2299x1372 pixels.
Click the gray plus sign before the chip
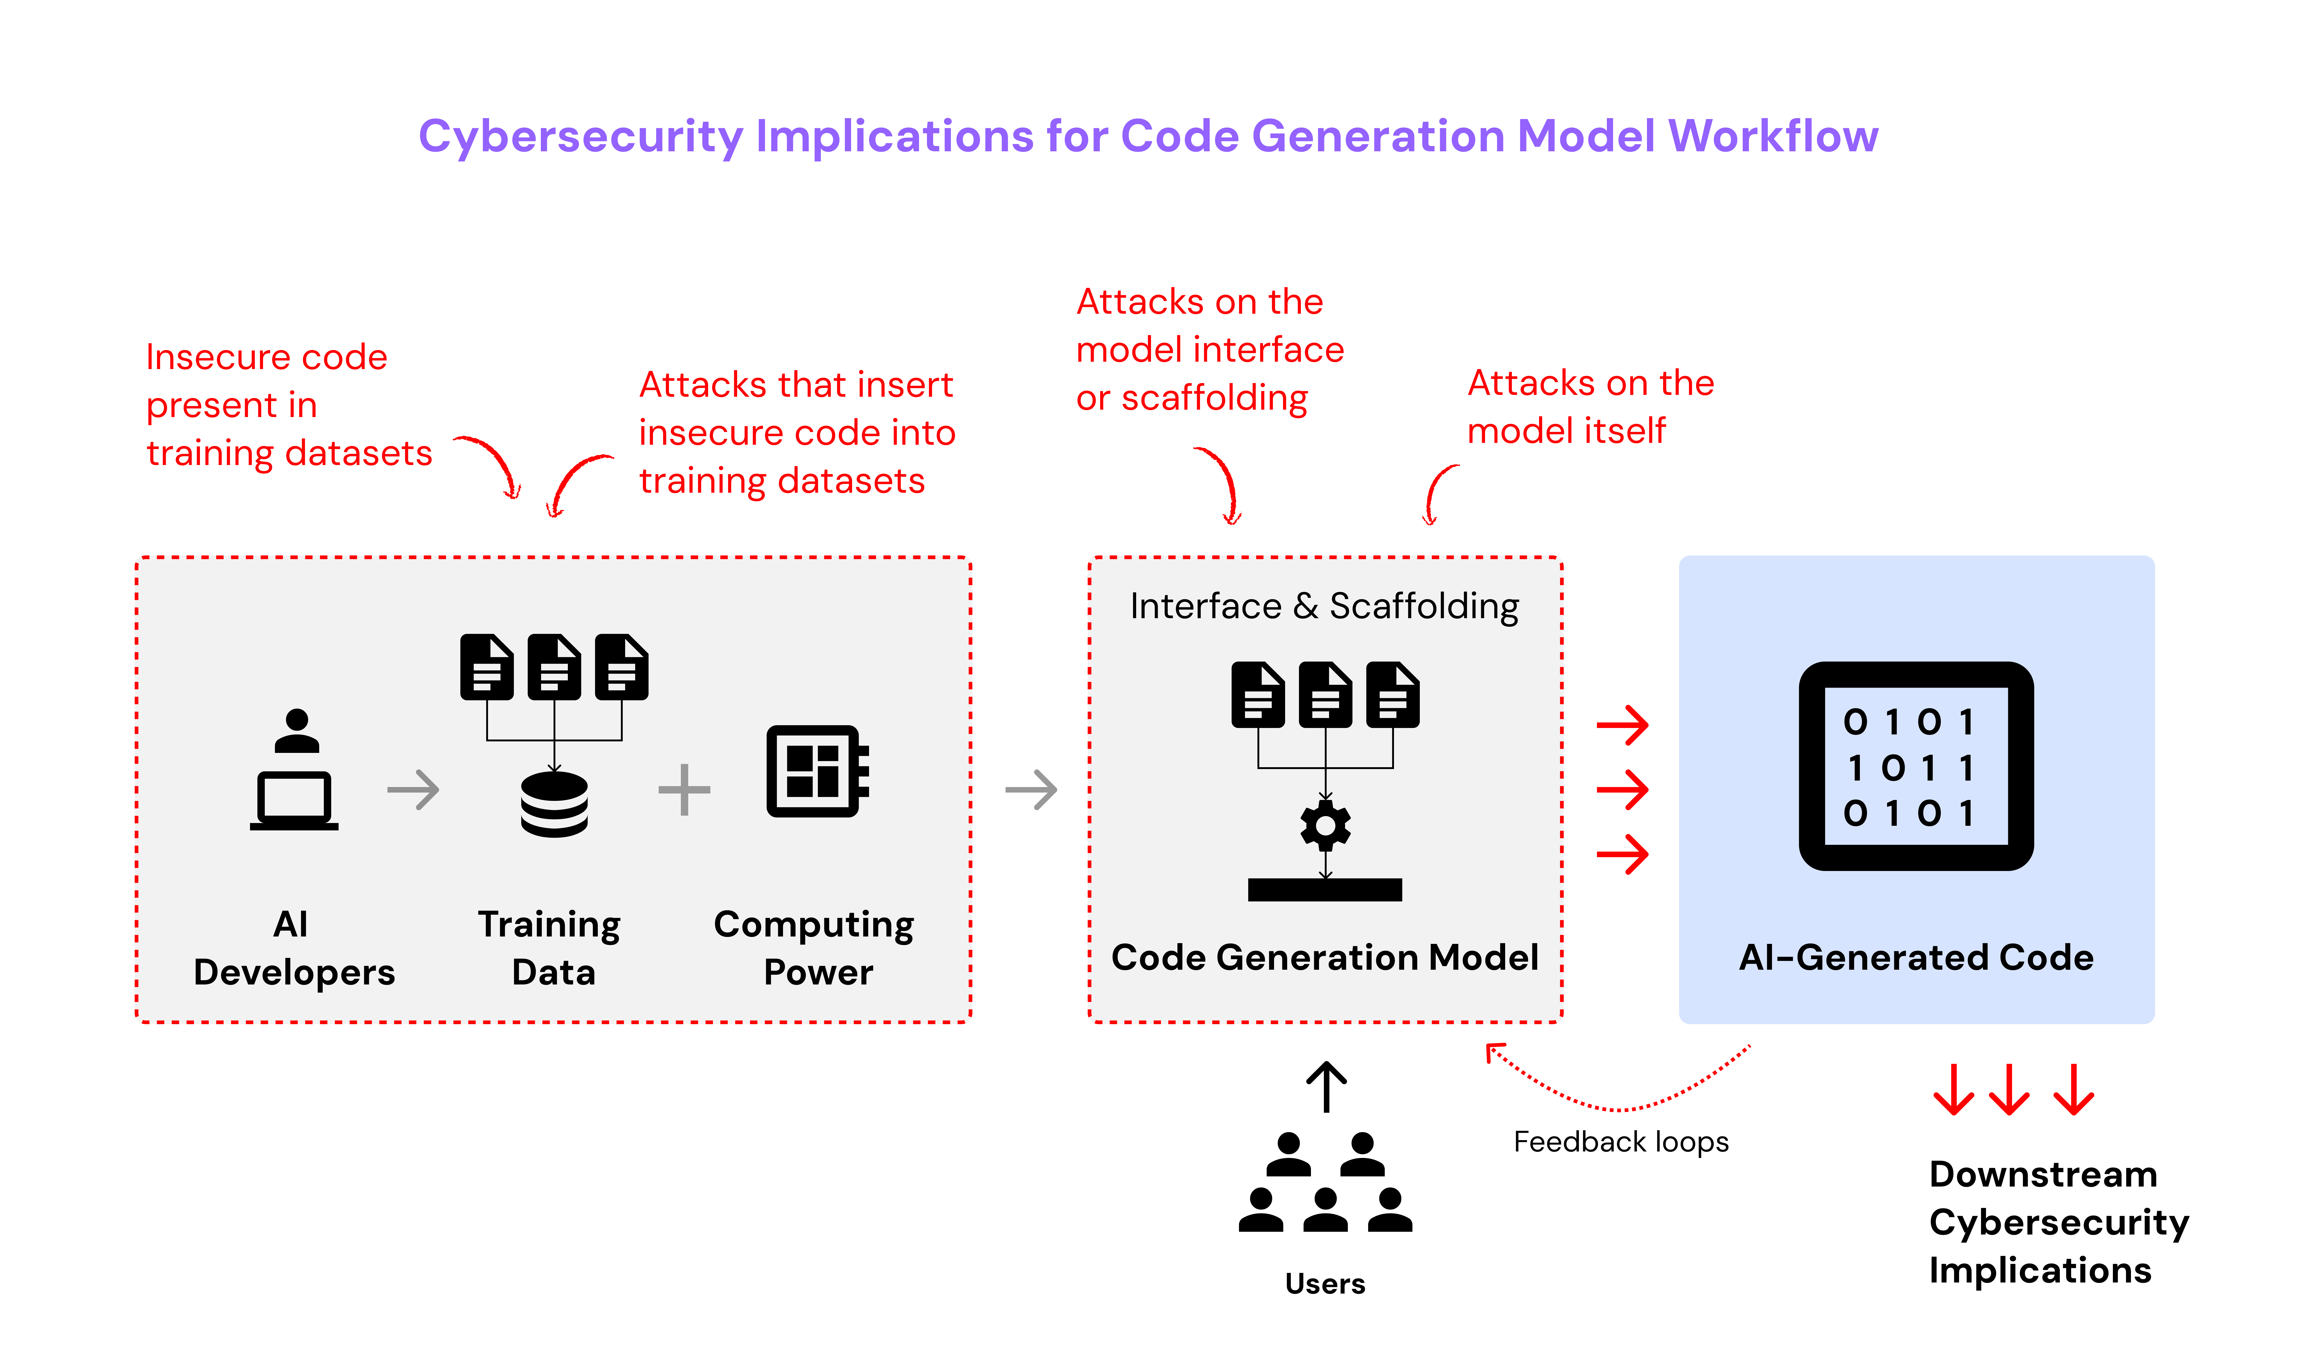pyautogui.click(x=684, y=790)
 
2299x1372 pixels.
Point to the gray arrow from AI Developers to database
pyautogui.click(x=413, y=790)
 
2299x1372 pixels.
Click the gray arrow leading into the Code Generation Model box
pyautogui.click(x=1031, y=790)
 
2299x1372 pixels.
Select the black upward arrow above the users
pyautogui.click(x=1326, y=1086)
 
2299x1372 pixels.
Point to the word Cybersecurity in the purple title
pyautogui.click(x=581, y=137)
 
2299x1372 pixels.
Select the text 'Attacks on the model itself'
pyautogui.click(x=1590, y=407)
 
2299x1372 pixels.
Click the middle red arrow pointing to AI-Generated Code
pyautogui.click(x=1622, y=790)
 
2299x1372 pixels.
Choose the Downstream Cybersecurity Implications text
pyautogui.click(x=2059, y=1222)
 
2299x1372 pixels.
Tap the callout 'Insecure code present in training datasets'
pyautogui.click(x=289, y=405)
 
